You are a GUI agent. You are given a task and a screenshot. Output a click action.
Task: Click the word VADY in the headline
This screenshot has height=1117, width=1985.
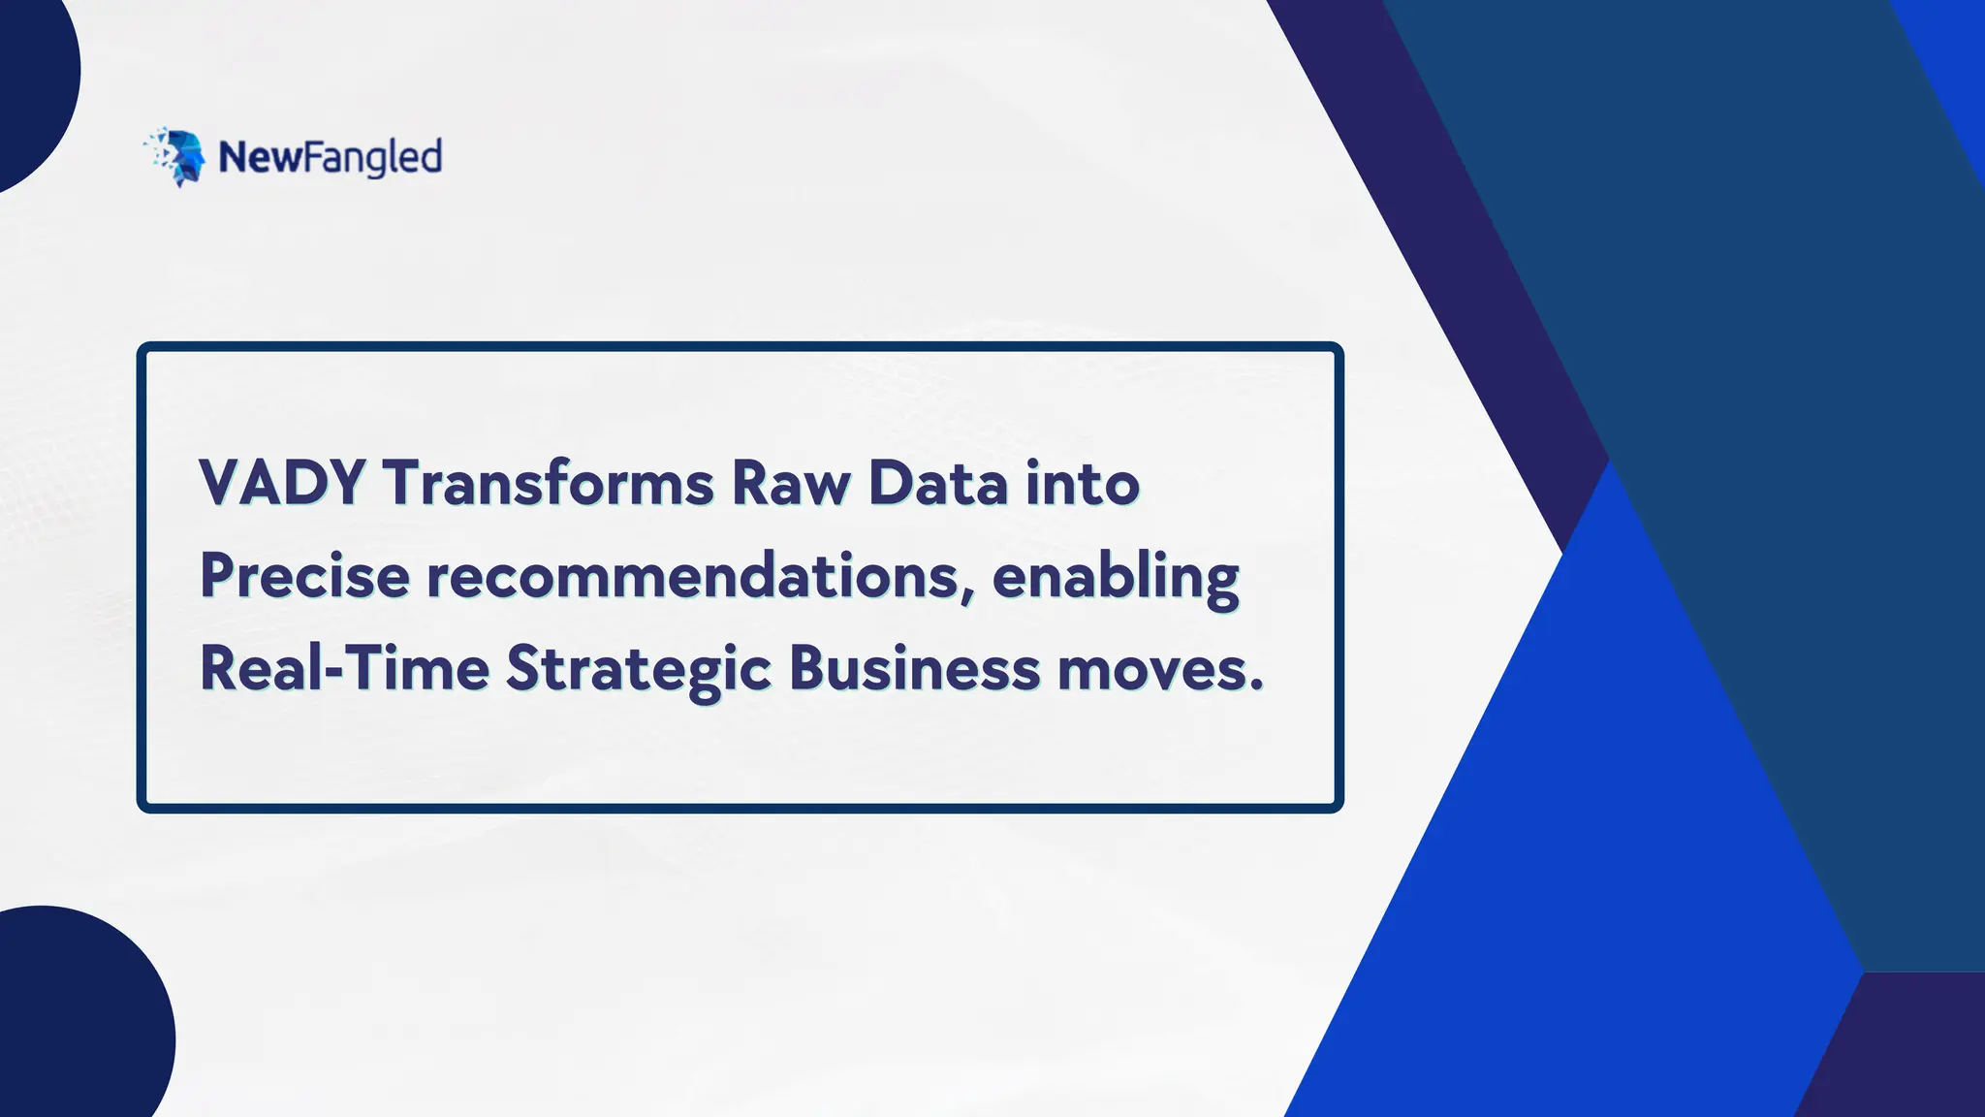click(282, 483)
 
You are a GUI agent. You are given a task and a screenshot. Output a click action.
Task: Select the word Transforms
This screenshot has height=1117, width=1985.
click(548, 483)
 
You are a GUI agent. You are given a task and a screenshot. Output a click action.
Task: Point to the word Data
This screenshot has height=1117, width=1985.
click(938, 483)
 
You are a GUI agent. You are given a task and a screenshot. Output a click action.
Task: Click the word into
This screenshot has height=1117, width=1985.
click(1083, 483)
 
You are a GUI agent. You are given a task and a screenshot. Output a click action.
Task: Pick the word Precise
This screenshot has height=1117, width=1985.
click(304, 576)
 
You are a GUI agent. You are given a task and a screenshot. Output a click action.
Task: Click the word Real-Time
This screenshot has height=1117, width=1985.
click(344, 669)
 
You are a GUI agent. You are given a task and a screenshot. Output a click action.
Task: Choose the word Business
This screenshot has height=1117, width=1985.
click(914, 669)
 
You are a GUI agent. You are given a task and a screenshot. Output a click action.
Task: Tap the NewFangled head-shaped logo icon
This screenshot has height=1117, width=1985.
click(176, 156)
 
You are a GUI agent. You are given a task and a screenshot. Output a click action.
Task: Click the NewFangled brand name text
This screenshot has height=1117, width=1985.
click(331, 157)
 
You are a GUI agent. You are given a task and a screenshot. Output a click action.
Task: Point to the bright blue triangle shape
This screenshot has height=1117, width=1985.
click(1590, 824)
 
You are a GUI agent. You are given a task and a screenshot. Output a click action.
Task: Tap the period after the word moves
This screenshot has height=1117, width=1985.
click(1257, 686)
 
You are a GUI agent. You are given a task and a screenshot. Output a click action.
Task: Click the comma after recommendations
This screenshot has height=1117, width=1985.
click(969, 594)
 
